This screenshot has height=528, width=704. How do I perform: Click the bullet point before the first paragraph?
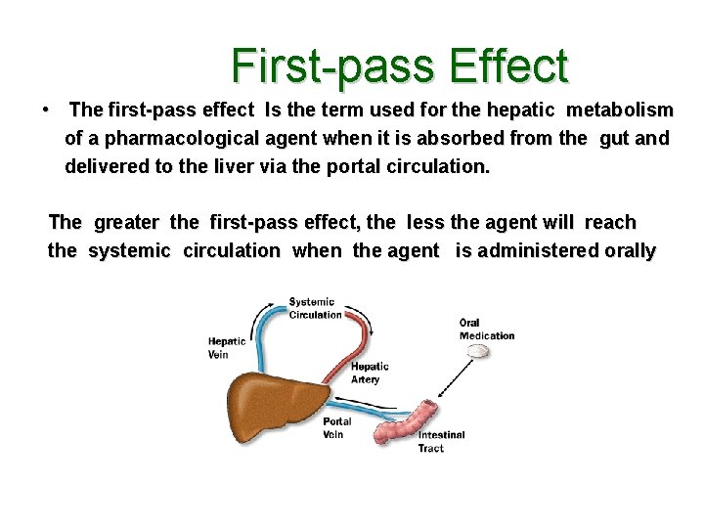pyautogui.click(x=46, y=110)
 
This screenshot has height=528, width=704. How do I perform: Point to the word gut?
pyautogui.click(x=613, y=139)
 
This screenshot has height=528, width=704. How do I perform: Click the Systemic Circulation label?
pyautogui.click(x=314, y=308)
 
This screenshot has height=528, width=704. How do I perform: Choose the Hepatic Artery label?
pyautogui.click(x=369, y=373)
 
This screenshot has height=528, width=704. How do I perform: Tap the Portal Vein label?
pyautogui.click(x=336, y=428)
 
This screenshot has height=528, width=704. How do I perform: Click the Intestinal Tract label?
pyautogui.click(x=441, y=442)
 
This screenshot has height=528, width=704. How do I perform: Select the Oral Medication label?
pyautogui.click(x=486, y=330)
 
